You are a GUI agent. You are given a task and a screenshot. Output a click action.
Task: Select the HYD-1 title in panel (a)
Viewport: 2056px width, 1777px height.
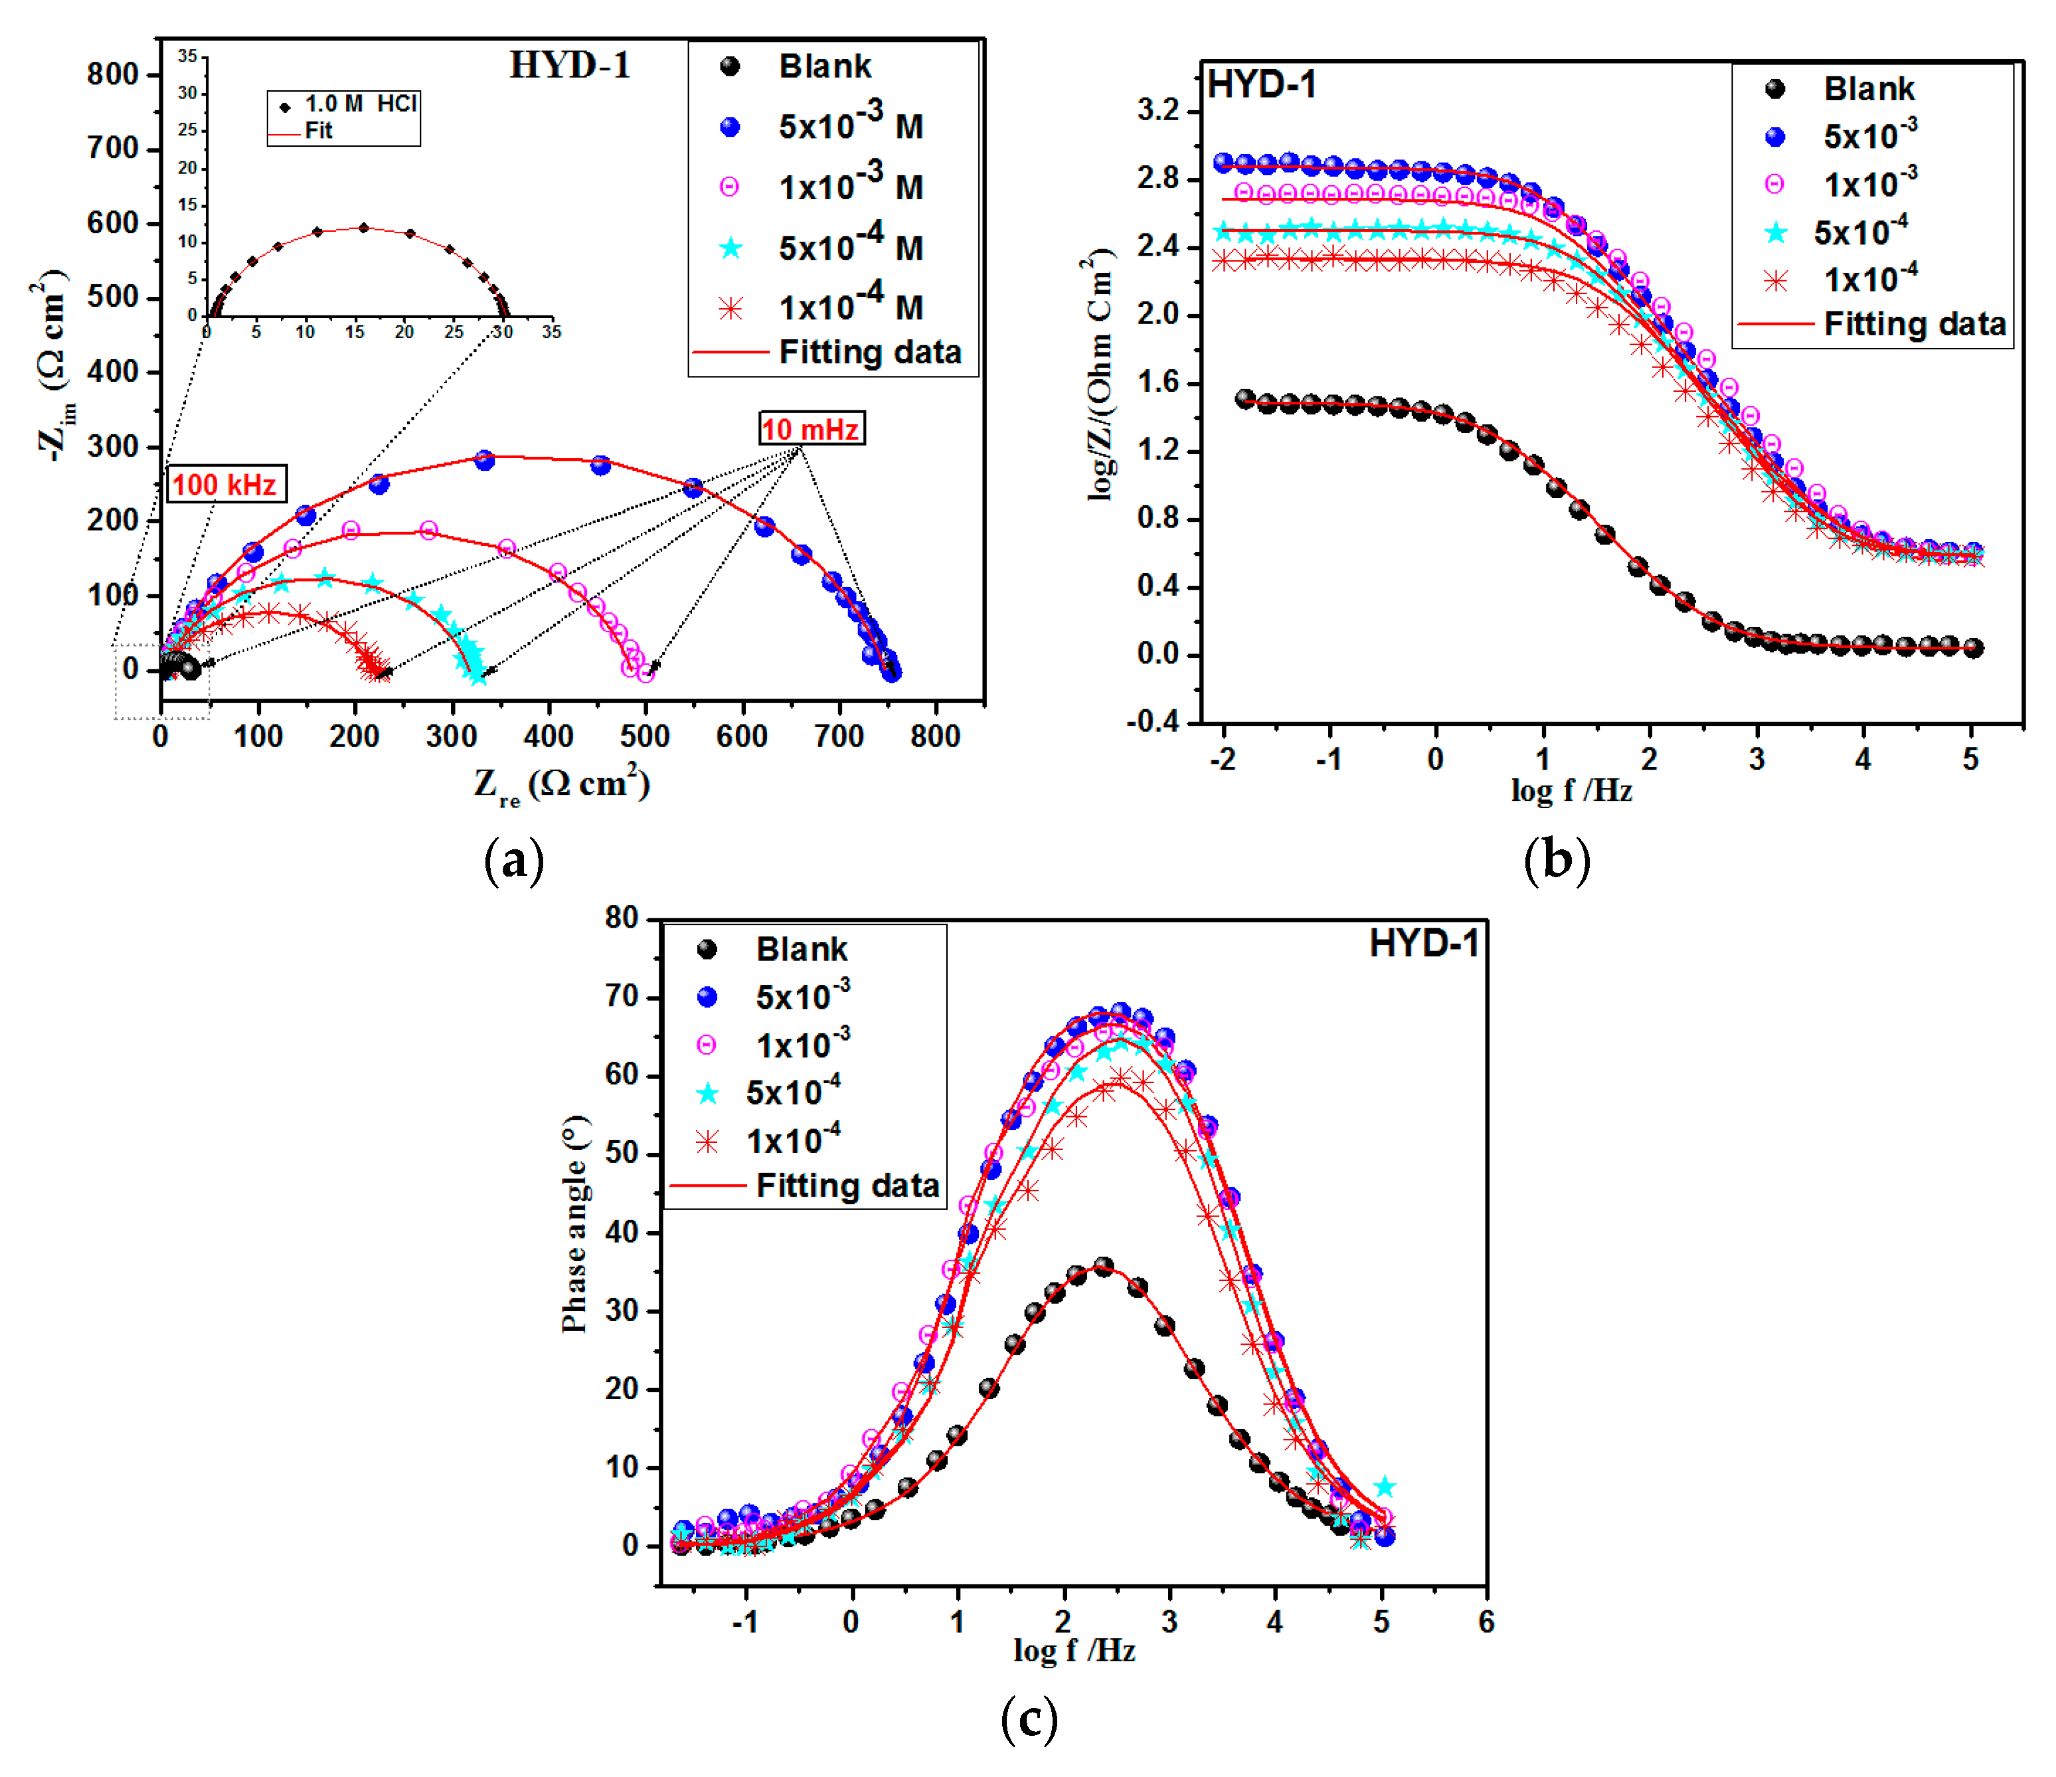tap(570, 66)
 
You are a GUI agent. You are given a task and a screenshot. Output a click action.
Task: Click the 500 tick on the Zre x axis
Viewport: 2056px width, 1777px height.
tap(645, 736)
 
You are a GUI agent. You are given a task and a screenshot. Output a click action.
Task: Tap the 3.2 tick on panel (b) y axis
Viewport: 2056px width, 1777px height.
tap(1158, 110)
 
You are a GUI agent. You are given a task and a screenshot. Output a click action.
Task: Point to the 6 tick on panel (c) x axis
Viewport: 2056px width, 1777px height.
tap(1486, 1622)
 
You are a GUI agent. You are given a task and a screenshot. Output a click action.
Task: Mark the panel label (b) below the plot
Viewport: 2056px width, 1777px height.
tap(1556, 859)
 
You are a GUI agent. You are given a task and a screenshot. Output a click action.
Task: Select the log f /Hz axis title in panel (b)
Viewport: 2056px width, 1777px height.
tap(1571, 791)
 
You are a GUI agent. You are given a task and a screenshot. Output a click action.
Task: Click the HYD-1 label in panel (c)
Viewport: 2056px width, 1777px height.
tap(1423, 942)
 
